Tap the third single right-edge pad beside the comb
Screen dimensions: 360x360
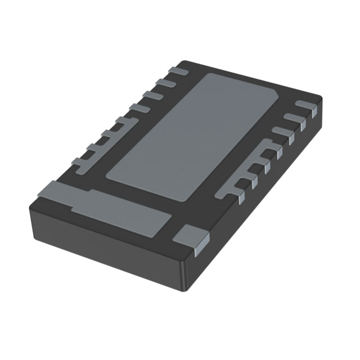click(282, 131)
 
